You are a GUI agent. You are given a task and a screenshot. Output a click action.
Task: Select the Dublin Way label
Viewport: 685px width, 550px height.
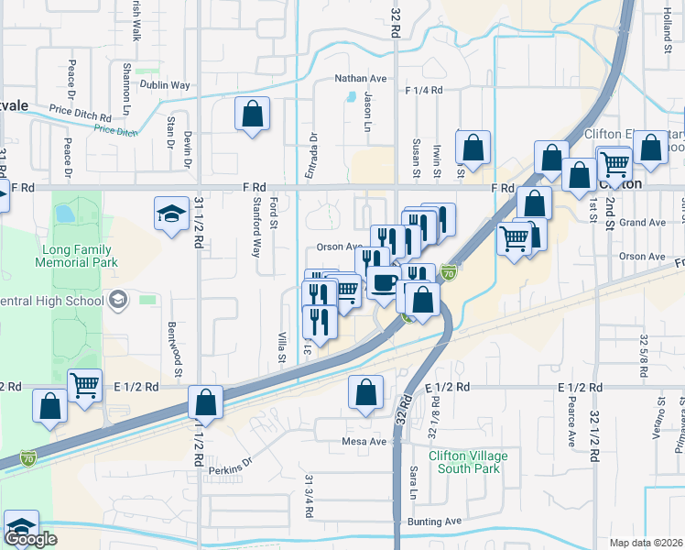[165, 85]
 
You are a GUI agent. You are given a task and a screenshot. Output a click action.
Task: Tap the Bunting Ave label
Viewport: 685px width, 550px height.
[435, 522]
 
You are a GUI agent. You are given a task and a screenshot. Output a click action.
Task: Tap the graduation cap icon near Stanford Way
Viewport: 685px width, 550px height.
[171, 214]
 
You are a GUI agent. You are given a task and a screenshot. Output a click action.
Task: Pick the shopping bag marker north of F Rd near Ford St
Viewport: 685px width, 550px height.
[252, 115]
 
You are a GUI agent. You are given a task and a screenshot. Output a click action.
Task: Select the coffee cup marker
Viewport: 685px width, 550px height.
[384, 282]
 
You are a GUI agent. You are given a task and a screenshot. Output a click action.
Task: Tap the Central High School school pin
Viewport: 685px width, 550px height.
[118, 300]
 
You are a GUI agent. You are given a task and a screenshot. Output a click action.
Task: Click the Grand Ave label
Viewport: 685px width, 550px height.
[642, 223]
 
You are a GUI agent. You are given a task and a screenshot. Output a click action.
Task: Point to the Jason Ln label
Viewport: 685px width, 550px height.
[369, 108]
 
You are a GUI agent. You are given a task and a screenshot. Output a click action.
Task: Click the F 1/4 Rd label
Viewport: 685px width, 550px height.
[423, 90]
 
